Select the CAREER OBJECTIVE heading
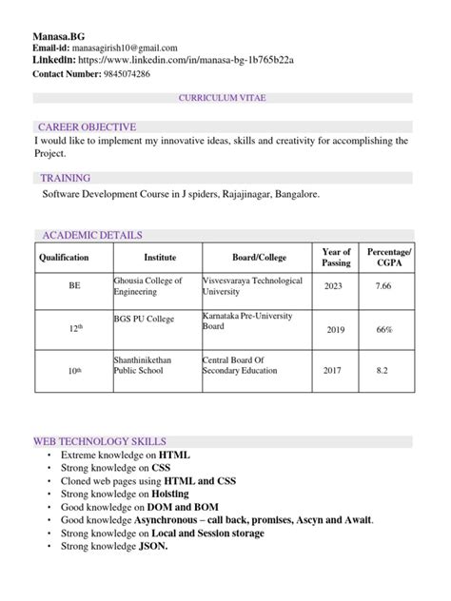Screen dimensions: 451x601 coord(87,126)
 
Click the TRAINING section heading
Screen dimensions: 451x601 coord(66,178)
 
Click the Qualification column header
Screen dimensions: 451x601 coord(64,258)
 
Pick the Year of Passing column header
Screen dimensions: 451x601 coord(337,257)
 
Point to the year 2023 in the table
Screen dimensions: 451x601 coord(334,285)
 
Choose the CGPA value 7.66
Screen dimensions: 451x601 coord(382,285)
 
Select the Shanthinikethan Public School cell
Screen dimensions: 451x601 coord(147,367)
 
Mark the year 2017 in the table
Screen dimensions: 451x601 coord(333,370)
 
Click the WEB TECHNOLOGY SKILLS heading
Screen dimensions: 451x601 coord(100,442)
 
